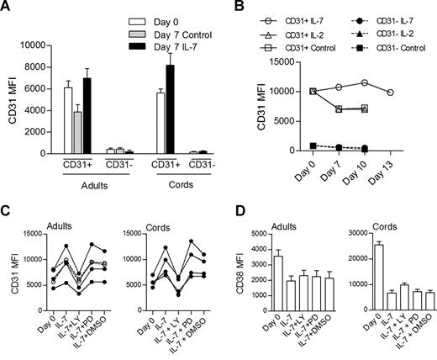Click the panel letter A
pos(8,8)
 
